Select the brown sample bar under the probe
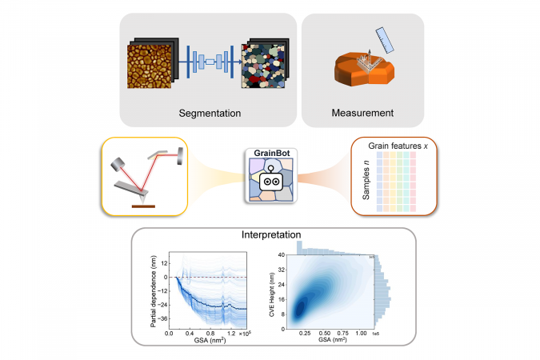coord(144,206)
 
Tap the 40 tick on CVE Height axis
coord(282,254)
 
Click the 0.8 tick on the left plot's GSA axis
coord(211,331)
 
